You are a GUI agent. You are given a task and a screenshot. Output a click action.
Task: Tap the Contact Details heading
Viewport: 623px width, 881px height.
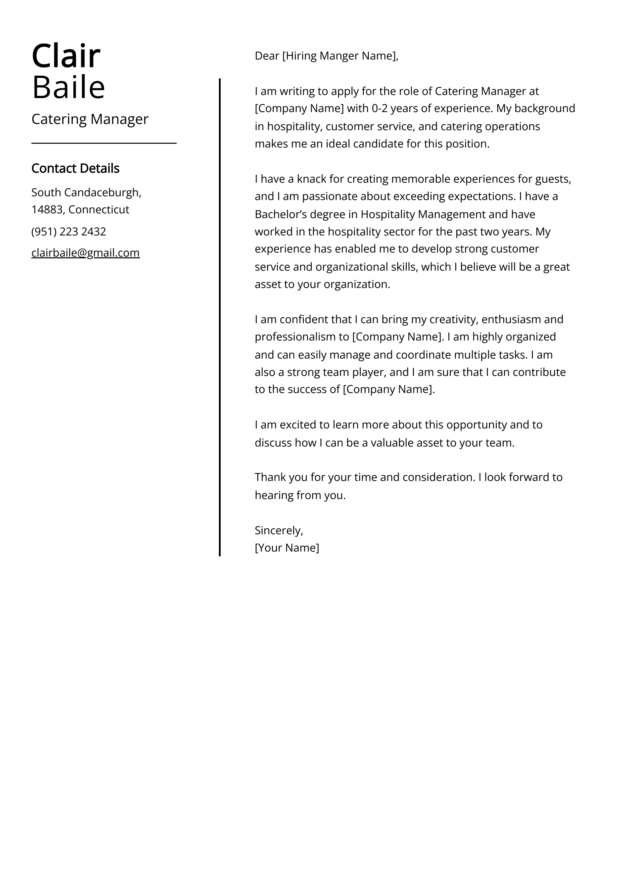click(x=75, y=168)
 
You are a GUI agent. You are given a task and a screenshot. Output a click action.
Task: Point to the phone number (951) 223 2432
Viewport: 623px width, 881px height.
click(x=69, y=232)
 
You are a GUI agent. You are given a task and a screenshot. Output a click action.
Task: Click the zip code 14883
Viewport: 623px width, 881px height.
click(x=47, y=210)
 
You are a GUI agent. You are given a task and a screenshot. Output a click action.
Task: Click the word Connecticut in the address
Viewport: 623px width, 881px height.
click(x=99, y=210)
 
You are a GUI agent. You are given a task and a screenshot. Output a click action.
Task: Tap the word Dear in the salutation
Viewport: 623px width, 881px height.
click(x=267, y=56)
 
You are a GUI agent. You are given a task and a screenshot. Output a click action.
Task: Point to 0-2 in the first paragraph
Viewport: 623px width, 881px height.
click(x=379, y=109)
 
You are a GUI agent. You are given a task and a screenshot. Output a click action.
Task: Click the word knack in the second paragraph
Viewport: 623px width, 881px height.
click(x=311, y=179)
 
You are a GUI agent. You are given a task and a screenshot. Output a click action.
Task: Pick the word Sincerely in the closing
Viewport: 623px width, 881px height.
click(x=278, y=530)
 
